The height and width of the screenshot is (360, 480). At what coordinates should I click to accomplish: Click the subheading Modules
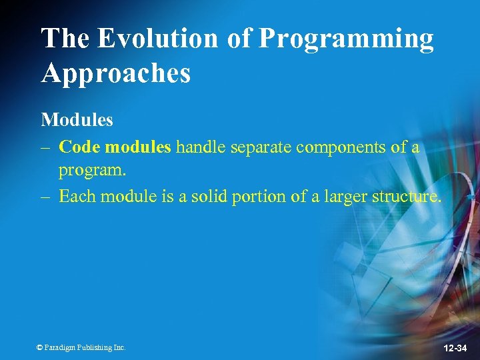[77, 120]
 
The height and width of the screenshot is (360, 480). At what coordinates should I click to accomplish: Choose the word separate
[259, 147]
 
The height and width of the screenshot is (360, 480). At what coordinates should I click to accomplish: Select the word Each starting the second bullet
[75, 197]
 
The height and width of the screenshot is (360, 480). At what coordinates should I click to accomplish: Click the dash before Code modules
[46, 147]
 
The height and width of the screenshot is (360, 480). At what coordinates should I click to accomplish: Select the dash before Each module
[46, 197]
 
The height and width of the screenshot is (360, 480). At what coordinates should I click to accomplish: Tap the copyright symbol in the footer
[39, 347]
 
